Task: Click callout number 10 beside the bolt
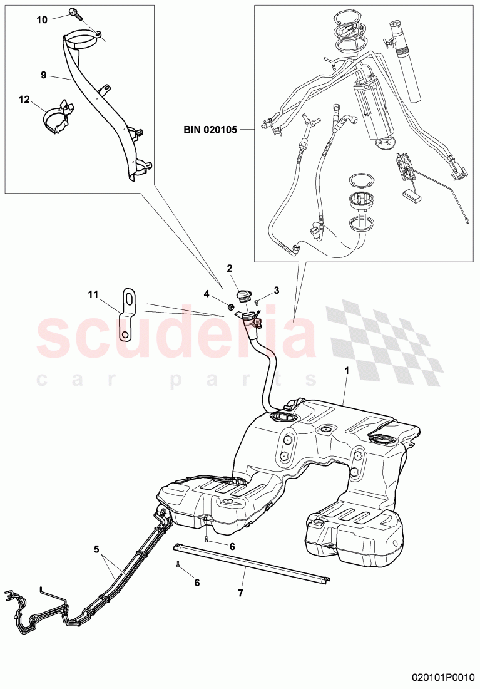click(42, 19)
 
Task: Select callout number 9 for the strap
click(43, 75)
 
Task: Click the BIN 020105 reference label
click(211, 130)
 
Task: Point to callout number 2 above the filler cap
click(230, 268)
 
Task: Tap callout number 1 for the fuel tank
click(347, 370)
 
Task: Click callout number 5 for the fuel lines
click(96, 549)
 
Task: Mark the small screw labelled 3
click(263, 301)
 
